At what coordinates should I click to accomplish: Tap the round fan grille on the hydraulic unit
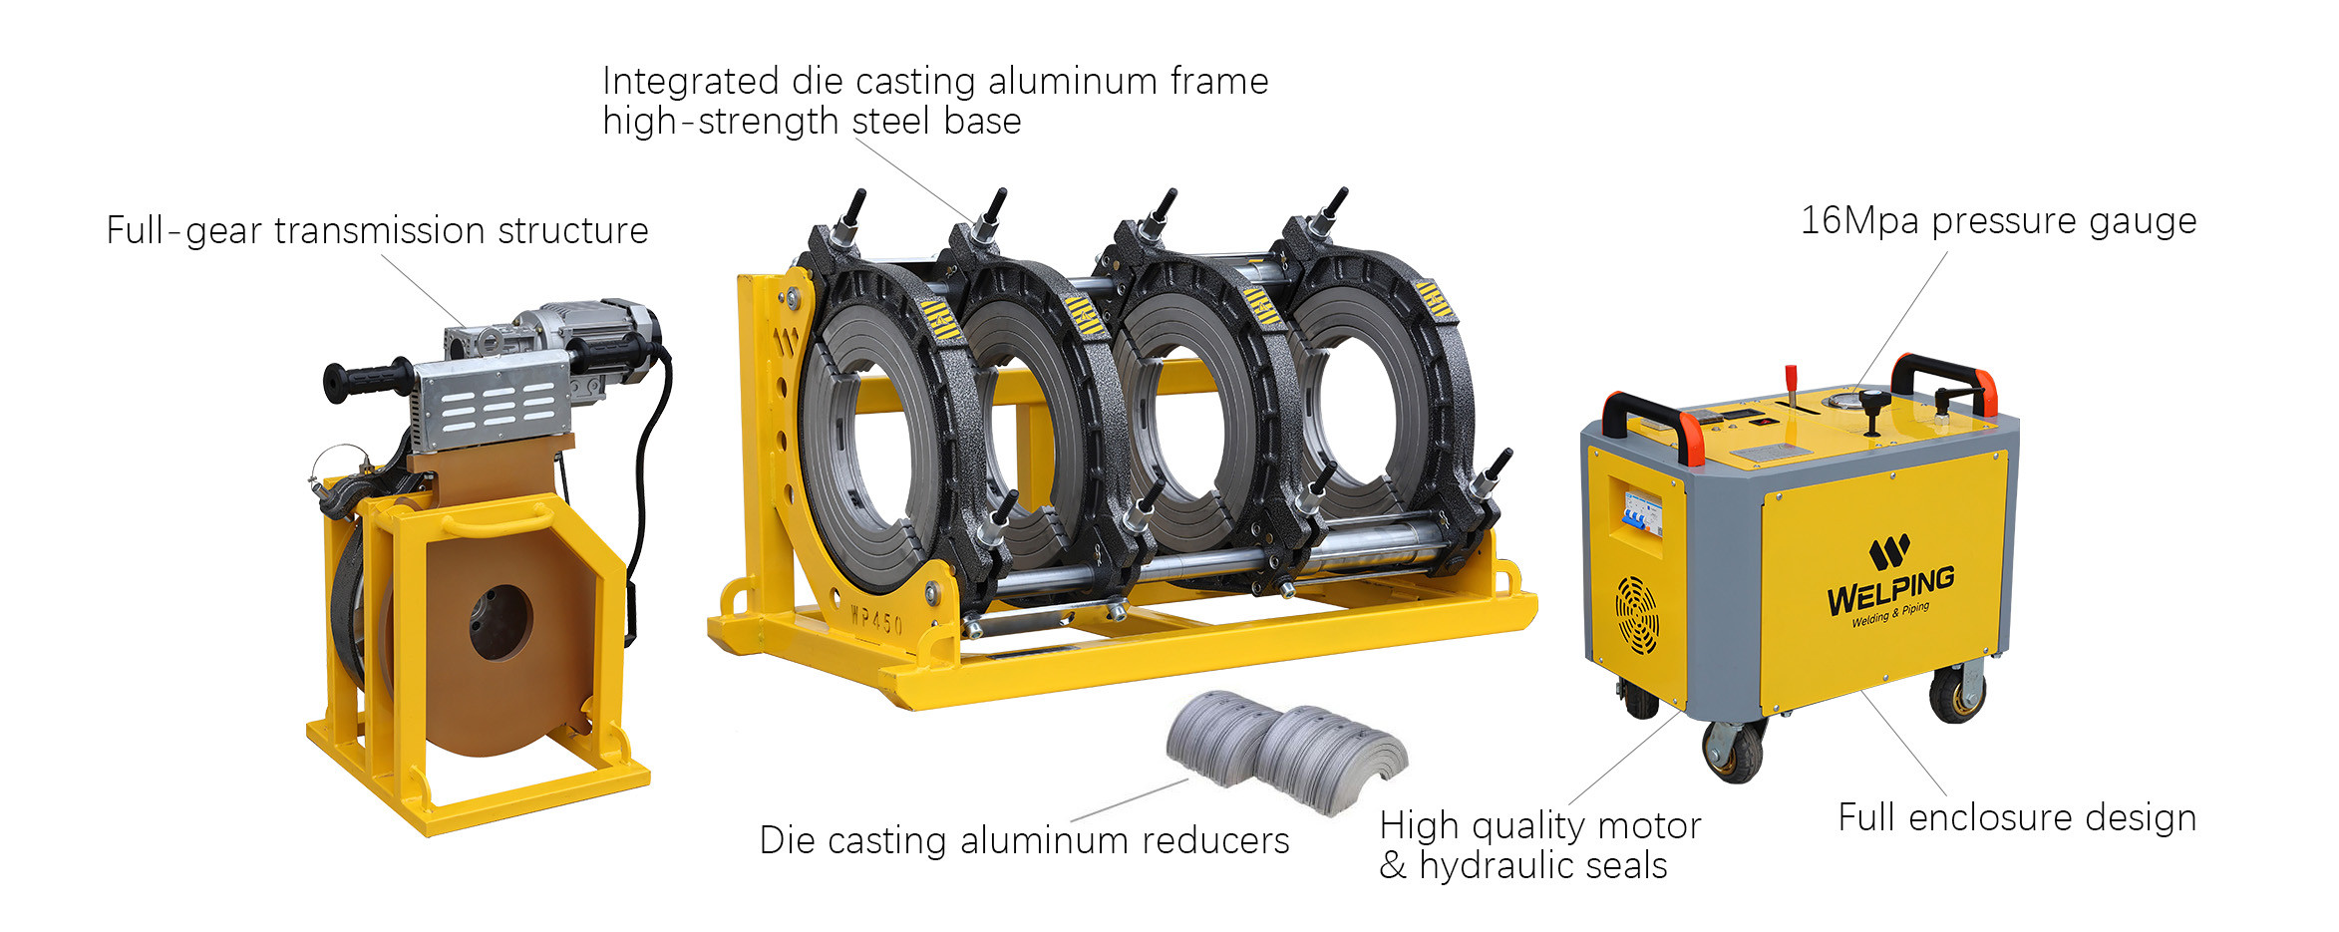click(1637, 615)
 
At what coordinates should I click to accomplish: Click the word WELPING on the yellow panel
click(1890, 590)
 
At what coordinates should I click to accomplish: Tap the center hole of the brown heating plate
click(501, 622)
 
